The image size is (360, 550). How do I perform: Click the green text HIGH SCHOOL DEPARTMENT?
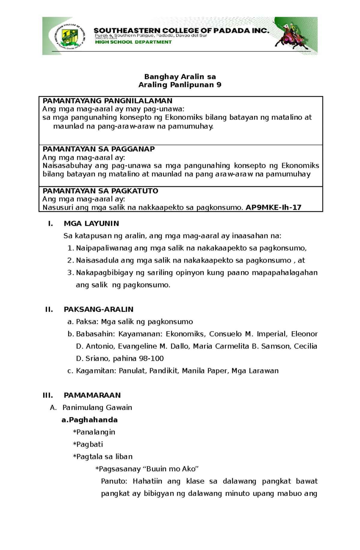(x=133, y=42)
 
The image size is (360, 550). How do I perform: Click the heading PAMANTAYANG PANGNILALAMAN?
(x=107, y=101)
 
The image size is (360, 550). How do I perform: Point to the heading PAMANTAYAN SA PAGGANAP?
(x=99, y=149)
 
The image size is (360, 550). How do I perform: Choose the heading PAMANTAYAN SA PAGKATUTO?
(x=100, y=191)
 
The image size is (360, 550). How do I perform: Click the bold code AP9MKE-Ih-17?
(x=273, y=207)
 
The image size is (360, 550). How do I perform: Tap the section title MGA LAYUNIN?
(x=91, y=223)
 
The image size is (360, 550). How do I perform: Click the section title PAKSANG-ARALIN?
(x=98, y=309)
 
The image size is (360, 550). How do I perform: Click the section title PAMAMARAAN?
(x=92, y=395)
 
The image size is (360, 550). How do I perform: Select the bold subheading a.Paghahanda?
(x=89, y=420)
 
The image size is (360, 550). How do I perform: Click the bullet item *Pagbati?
(x=88, y=444)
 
